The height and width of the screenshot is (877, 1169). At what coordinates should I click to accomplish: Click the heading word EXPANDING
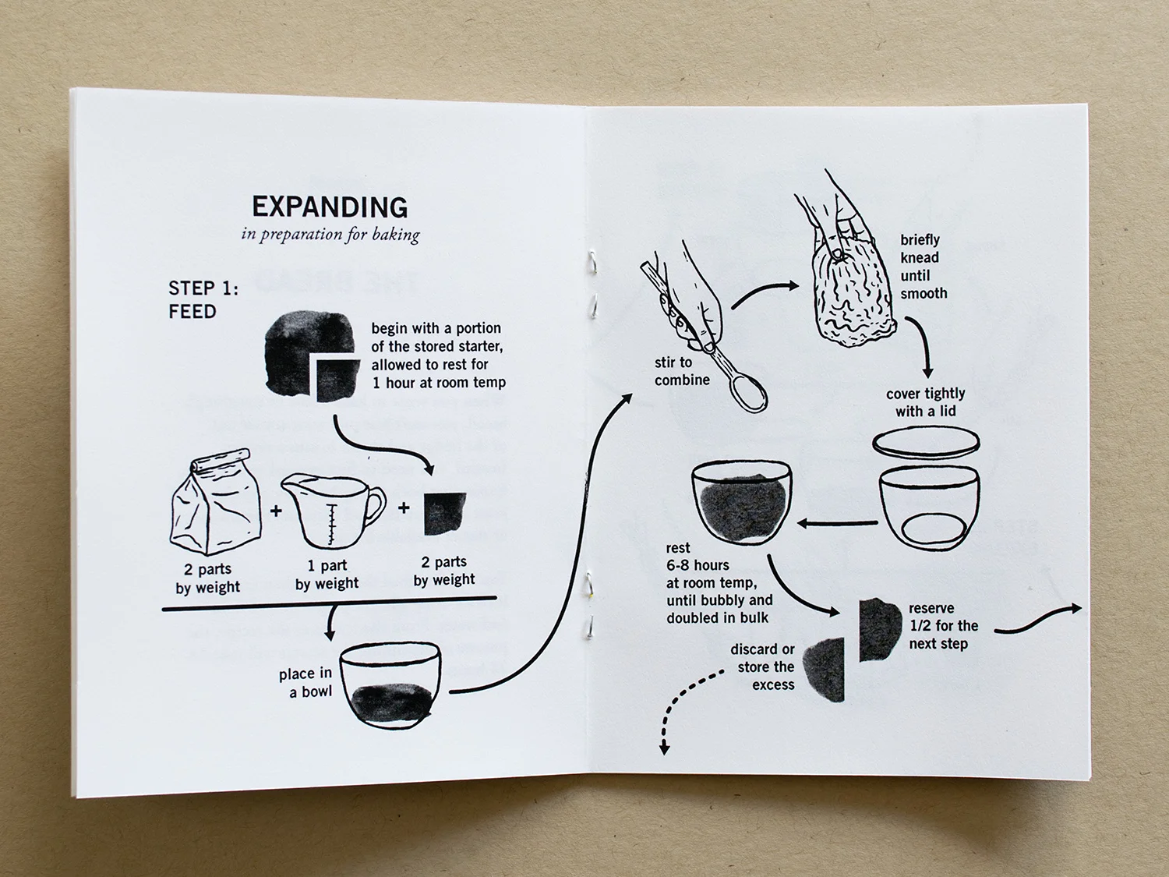330,207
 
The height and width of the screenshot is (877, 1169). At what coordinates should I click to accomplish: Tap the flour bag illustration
215,503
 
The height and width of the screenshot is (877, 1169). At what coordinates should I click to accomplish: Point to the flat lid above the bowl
926,443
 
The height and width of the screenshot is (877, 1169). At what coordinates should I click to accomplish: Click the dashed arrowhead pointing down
664,748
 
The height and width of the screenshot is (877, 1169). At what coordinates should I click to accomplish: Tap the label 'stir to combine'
682,371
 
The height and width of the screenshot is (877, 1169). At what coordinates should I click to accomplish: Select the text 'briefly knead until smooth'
924,267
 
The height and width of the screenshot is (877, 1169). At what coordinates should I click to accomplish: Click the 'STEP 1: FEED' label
203,300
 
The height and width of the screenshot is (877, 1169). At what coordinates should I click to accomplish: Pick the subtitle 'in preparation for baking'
330,235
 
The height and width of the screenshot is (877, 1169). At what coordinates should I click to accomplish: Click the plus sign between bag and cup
275,511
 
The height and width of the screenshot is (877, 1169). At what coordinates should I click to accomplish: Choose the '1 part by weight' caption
327,574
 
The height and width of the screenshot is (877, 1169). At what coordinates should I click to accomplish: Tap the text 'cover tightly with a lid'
926,402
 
